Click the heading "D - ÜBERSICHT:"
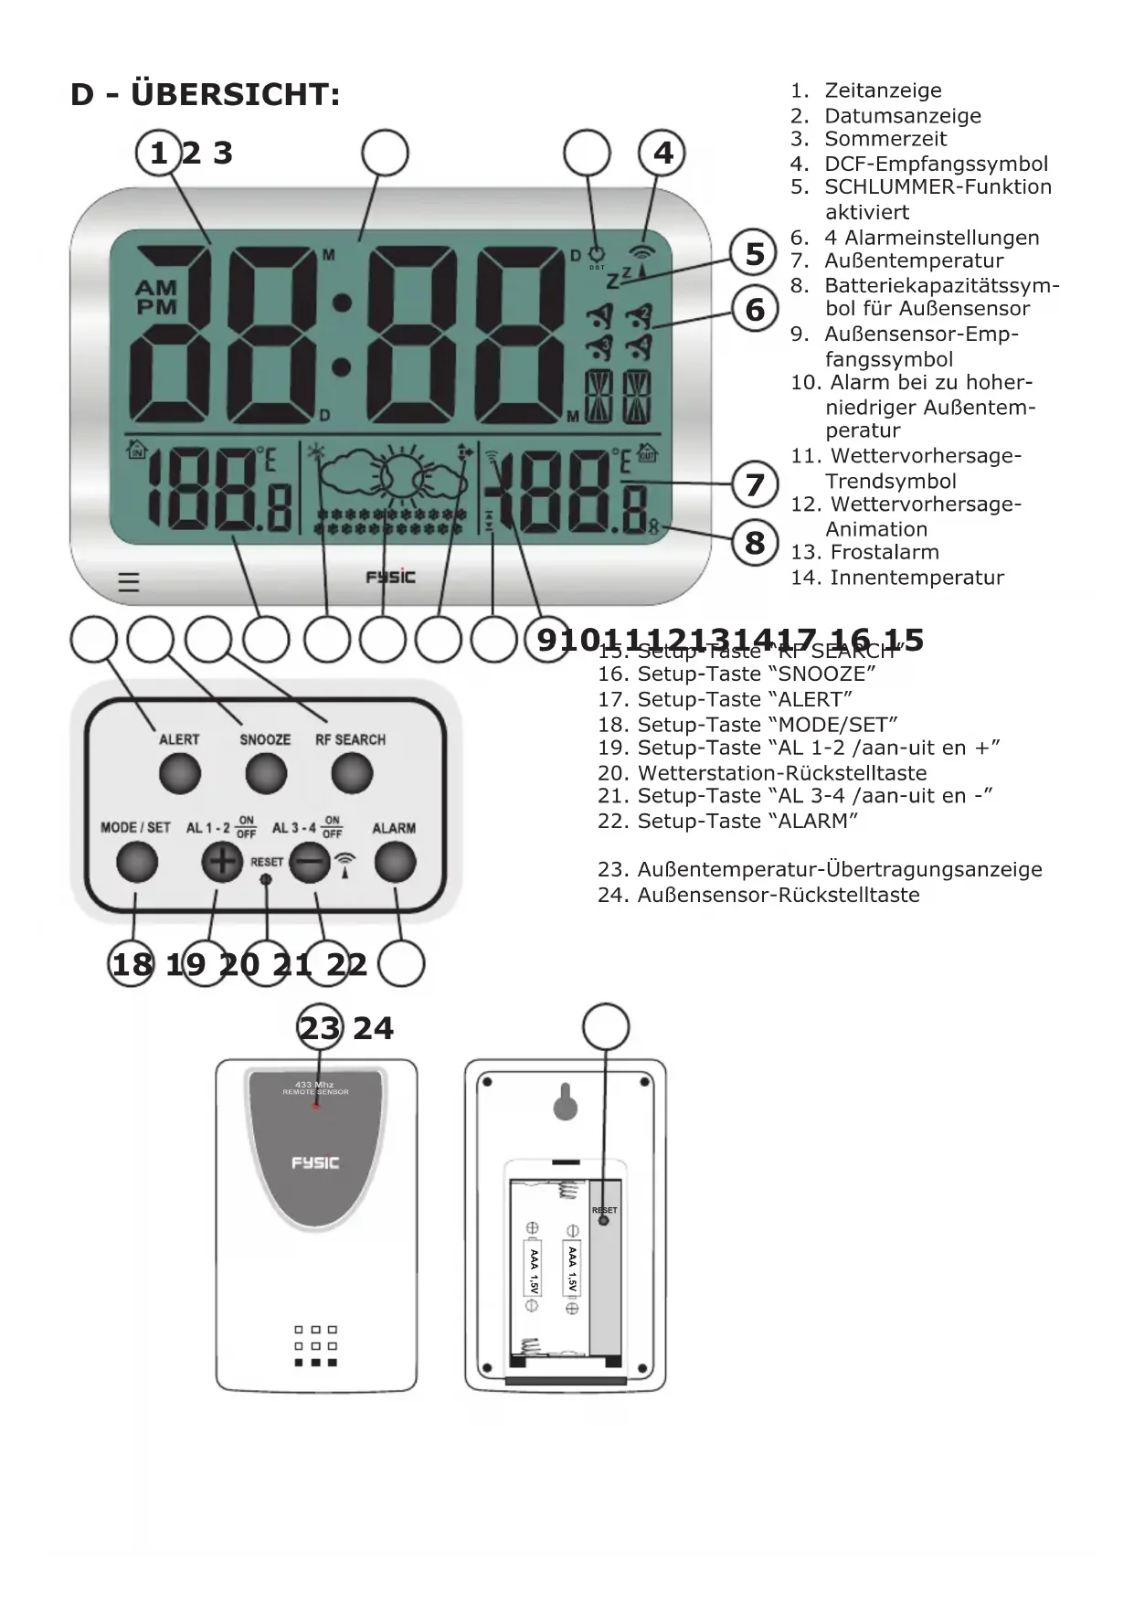click(x=206, y=94)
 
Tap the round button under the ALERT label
click(x=179, y=775)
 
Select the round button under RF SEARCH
click(x=352, y=775)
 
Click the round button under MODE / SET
click(x=136, y=862)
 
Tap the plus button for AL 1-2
click(x=222, y=862)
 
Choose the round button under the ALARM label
click(x=395, y=862)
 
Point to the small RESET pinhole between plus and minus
click(x=266, y=879)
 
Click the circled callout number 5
click(x=755, y=253)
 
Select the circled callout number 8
click(x=755, y=542)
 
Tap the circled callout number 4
click(x=662, y=153)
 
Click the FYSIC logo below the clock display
click(x=390, y=577)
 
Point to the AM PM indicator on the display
click(x=156, y=298)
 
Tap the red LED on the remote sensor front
click(x=316, y=1105)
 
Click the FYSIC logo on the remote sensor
click(x=315, y=1162)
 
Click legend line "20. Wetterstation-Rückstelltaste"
click(x=762, y=772)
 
